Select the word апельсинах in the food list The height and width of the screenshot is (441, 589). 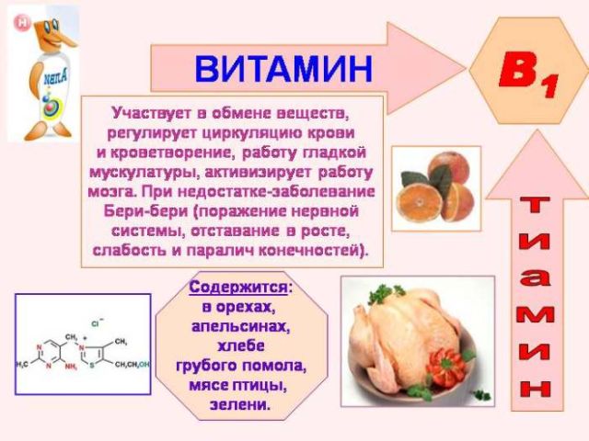pos(241,326)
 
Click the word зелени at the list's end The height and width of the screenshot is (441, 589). pos(241,403)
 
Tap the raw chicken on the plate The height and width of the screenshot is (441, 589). pos(396,339)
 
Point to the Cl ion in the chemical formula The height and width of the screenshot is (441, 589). pos(96,322)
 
